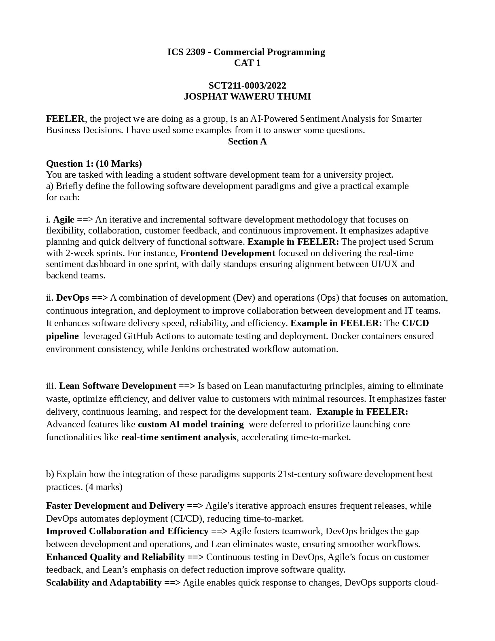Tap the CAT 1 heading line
tap(247, 63)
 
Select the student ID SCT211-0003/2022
tap(247, 85)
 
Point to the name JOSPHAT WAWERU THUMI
tap(247, 96)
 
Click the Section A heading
tap(247, 141)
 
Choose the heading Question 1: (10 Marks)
tap(94, 163)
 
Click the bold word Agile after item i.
tap(64, 219)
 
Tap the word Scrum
tap(421, 242)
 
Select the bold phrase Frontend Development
tap(228, 253)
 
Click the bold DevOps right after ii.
tap(72, 298)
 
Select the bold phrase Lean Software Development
tap(117, 386)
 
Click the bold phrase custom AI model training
tap(190, 424)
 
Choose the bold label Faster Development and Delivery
tap(115, 505)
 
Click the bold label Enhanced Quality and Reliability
tap(115, 557)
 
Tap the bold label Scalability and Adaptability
tap(104, 582)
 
